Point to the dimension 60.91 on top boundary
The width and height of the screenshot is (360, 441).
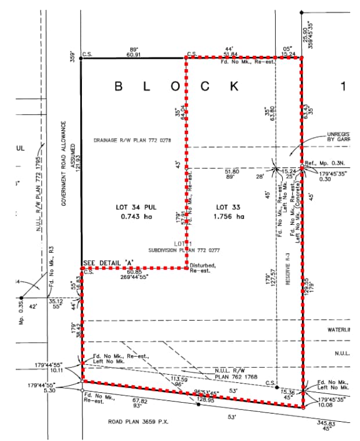click(132, 55)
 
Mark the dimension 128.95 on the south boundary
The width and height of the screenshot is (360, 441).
click(206, 400)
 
